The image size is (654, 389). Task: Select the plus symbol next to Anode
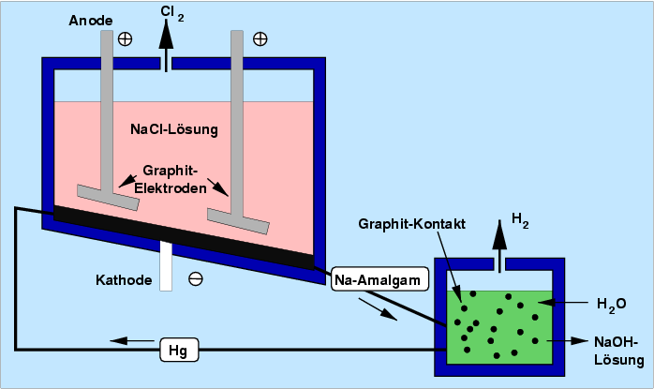(x=125, y=39)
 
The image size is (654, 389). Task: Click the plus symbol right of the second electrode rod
(x=260, y=39)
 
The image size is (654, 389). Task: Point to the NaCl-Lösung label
(x=173, y=128)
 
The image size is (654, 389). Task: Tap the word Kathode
(x=126, y=279)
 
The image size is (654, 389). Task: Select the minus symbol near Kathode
(x=195, y=278)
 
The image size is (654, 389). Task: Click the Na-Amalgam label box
(x=379, y=278)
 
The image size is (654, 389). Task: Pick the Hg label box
(x=178, y=351)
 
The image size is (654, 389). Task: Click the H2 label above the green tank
(x=520, y=222)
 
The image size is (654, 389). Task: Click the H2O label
(x=611, y=304)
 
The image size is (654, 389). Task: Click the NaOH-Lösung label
(x=617, y=351)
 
